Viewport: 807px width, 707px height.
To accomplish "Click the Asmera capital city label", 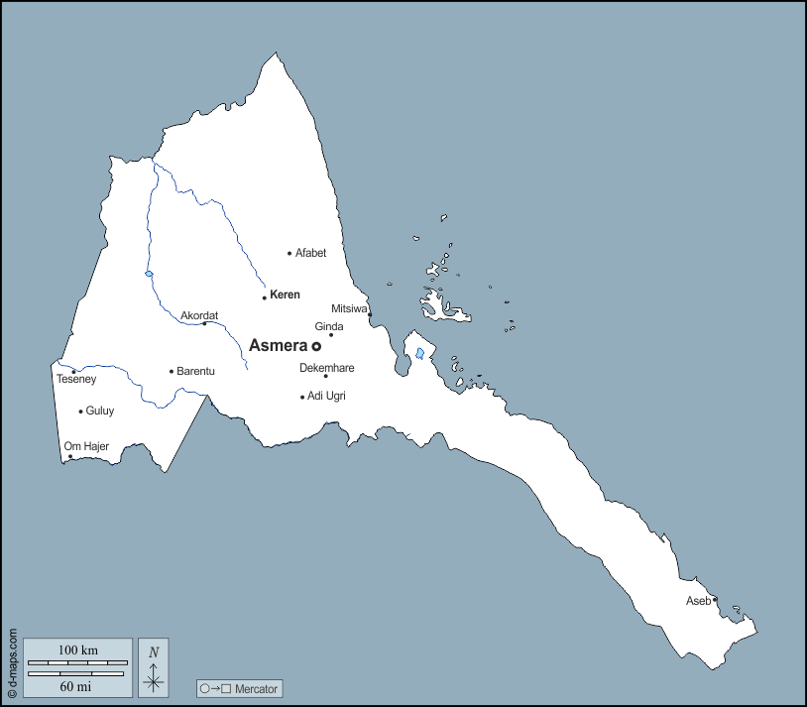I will pyautogui.click(x=278, y=346).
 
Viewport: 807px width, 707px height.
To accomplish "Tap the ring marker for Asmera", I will pyautogui.click(x=316, y=347).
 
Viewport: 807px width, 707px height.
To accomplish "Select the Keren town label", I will pyautogui.click(x=285, y=295).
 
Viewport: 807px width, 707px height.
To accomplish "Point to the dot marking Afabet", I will pyautogui.click(x=289, y=254).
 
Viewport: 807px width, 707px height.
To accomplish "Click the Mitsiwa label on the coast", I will pyautogui.click(x=349, y=308).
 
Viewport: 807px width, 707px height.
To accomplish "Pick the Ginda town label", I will pyautogui.click(x=329, y=326).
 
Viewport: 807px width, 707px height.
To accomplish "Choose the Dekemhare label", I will pyautogui.click(x=326, y=368).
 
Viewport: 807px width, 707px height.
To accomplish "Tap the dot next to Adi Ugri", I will pyautogui.click(x=302, y=397).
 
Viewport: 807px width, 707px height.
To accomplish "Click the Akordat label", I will pyautogui.click(x=198, y=316).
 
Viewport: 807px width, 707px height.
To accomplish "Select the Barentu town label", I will pyautogui.click(x=195, y=372).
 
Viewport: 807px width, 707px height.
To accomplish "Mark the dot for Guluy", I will pyautogui.click(x=80, y=412).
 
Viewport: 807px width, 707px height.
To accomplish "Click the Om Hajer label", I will pyautogui.click(x=86, y=446).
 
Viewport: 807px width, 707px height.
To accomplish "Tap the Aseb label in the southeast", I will pyautogui.click(x=698, y=601).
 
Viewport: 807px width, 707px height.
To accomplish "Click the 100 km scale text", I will pyautogui.click(x=77, y=650).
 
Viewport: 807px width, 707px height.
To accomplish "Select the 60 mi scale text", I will pyautogui.click(x=77, y=685).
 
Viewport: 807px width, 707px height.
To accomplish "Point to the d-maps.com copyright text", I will pyautogui.click(x=12, y=662).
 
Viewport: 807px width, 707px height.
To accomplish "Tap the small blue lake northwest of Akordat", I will pyautogui.click(x=149, y=275).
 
